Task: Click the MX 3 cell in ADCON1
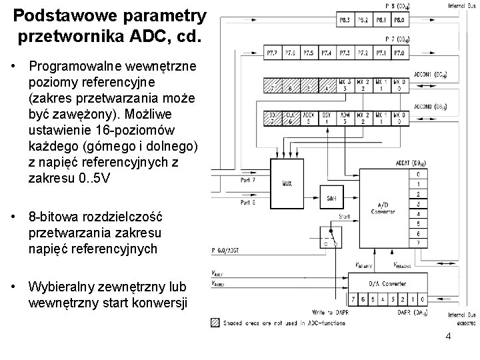(345, 85)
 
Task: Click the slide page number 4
(448, 336)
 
